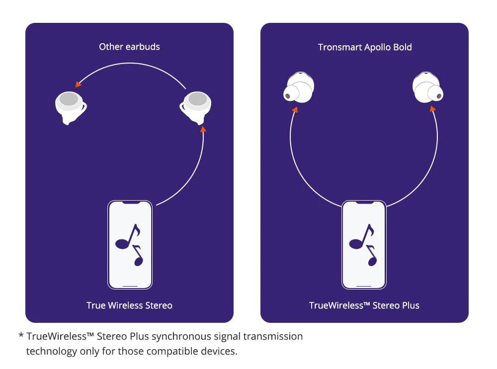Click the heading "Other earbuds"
129,47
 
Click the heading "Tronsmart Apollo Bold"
365,47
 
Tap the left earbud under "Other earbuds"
69,106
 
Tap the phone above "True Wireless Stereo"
130,245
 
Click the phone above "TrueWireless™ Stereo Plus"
364,245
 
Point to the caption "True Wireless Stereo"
129,305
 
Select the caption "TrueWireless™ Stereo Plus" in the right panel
364,305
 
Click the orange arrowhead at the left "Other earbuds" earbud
78,84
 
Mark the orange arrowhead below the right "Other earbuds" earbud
202,129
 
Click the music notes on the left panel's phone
129,245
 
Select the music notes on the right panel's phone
363,245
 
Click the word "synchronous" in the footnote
177,336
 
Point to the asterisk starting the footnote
21,336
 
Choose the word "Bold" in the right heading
402,47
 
